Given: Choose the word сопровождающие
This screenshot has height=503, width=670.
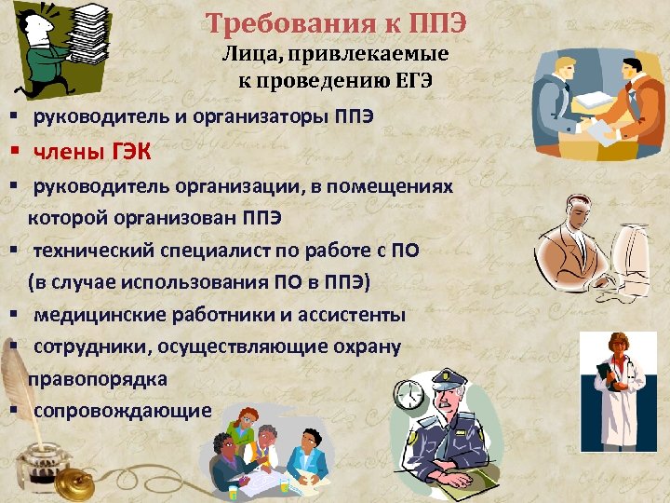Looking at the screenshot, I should click(x=123, y=411).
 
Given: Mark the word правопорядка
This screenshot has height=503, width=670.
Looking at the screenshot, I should click(x=98, y=379).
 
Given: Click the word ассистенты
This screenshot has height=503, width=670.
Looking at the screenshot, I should click(x=348, y=315).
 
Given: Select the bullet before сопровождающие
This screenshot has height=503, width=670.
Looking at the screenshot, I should click(x=16, y=411).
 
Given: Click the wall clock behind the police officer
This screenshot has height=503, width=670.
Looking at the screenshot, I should click(x=409, y=396).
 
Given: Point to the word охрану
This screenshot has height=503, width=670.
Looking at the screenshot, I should click(x=362, y=347).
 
